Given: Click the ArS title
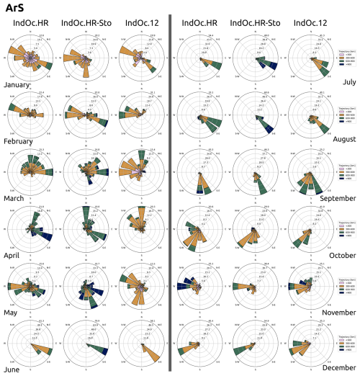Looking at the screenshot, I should click(x=14, y=9).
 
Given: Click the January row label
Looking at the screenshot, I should click(x=20, y=84).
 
